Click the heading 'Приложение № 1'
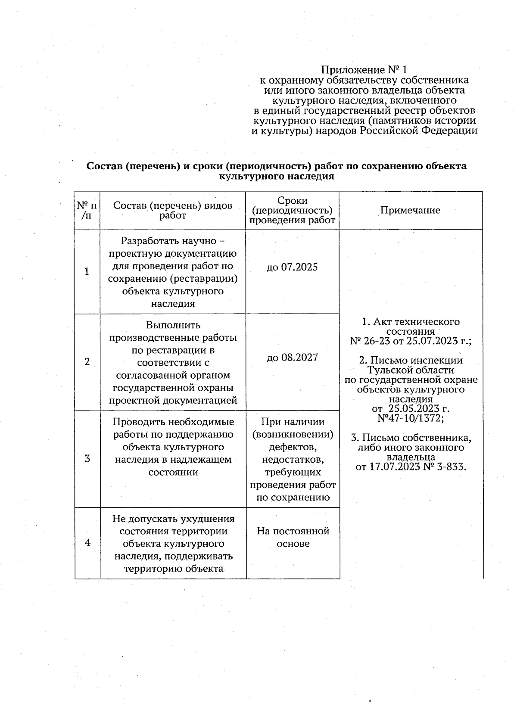pyautogui.click(x=364, y=70)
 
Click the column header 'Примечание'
pyautogui.click(x=410, y=210)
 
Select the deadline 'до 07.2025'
pyautogui.click(x=292, y=267)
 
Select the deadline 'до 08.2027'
pyautogui.click(x=292, y=357)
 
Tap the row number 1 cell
pyautogui.click(x=87, y=271)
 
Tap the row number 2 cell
pyautogui.click(x=87, y=361)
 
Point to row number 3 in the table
pyautogui.click(x=87, y=458)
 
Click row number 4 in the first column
pyautogui.click(x=87, y=543)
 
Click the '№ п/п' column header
pyautogui.click(x=87, y=210)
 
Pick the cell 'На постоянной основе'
pyautogui.click(x=293, y=537)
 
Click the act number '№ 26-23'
pyautogui.click(x=367, y=341)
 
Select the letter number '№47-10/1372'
pyautogui.click(x=410, y=418)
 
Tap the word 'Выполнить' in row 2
pyautogui.click(x=173, y=325)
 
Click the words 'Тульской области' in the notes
pyautogui.click(x=411, y=370)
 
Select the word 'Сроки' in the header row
pyautogui.click(x=292, y=200)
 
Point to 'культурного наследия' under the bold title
pyautogui.click(x=277, y=176)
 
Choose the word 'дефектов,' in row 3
pyautogui.click(x=293, y=447)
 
